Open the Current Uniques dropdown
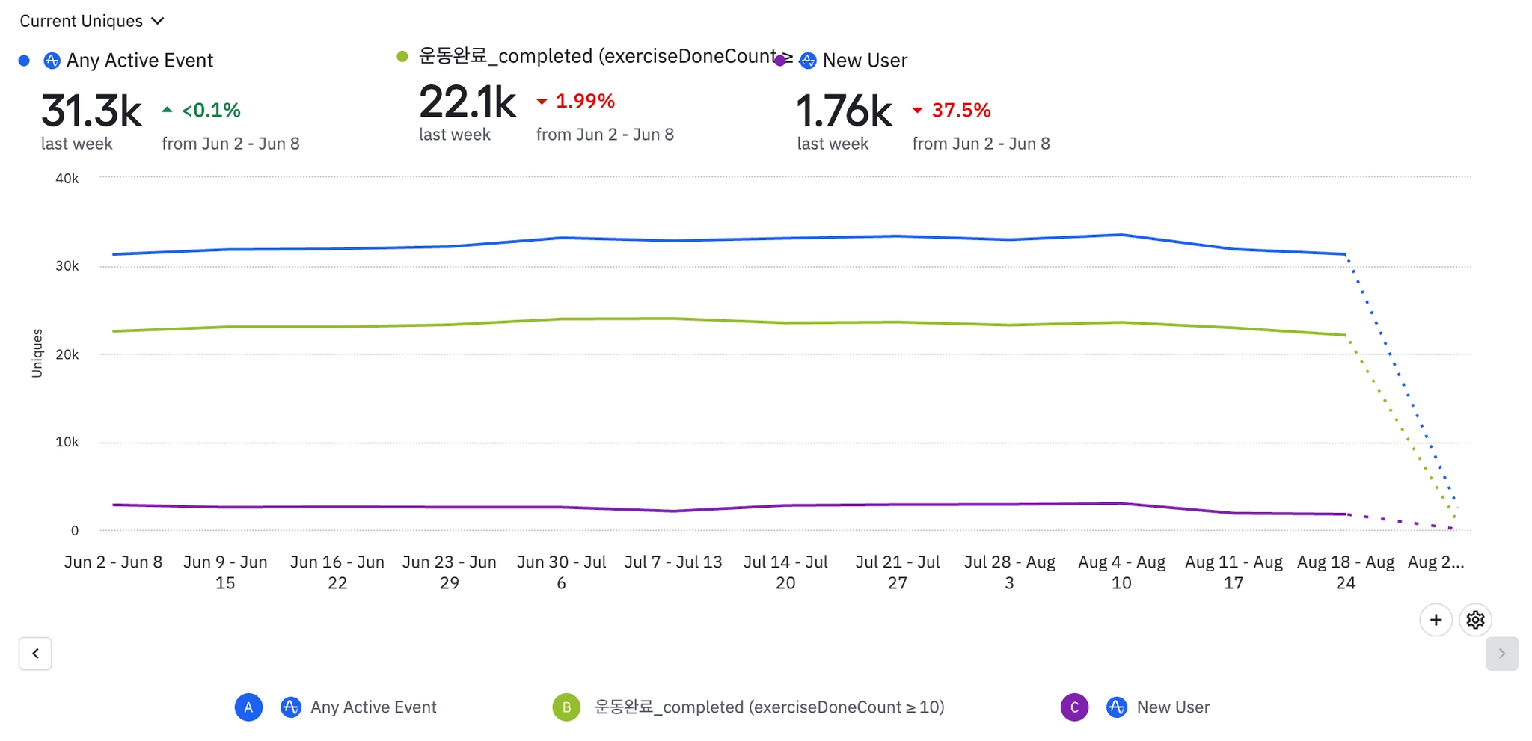click(x=91, y=21)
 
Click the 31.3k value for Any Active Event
click(x=91, y=111)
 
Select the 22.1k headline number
click(x=468, y=102)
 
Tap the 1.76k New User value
click(x=844, y=111)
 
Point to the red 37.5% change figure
click(x=960, y=111)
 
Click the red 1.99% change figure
click(x=584, y=101)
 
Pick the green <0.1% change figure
click(x=211, y=111)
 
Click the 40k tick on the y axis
click(x=67, y=179)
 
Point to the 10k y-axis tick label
click(x=67, y=442)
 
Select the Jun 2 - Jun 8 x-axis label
click(x=113, y=562)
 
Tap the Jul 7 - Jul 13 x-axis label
click(x=673, y=562)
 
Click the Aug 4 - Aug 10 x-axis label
click(x=1121, y=572)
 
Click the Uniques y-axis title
click(x=37, y=353)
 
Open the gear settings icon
click(x=1475, y=620)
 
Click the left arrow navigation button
click(x=35, y=654)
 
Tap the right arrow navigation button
click(x=1501, y=654)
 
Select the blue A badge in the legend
click(x=248, y=707)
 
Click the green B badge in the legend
click(x=566, y=707)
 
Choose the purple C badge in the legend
click(x=1074, y=707)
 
